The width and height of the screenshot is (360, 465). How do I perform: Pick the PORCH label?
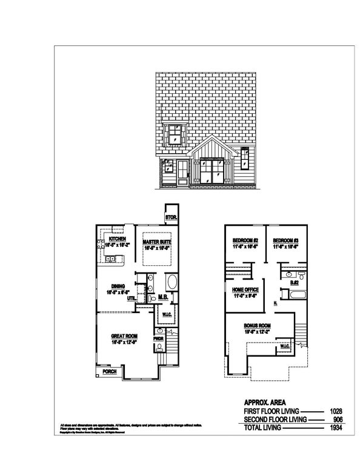click(x=109, y=372)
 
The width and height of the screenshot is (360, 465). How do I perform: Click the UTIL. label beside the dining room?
click(x=131, y=298)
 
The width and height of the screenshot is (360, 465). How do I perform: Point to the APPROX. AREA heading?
click(x=262, y=401)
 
